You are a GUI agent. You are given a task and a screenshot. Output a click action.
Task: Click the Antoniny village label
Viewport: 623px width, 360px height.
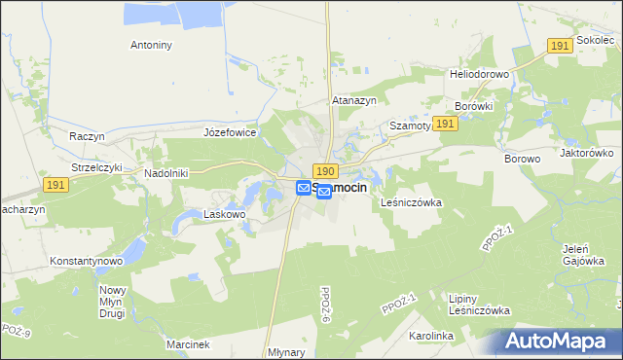tap(151, 45)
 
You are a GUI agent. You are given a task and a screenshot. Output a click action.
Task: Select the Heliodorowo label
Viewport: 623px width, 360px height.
tap(473, 74)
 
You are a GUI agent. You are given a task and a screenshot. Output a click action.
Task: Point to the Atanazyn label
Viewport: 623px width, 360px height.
tap(353, 99)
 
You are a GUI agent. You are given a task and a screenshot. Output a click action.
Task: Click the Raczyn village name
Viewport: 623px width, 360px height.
tap(87, 136)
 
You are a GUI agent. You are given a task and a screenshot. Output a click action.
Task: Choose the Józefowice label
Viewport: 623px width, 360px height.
tap(230, 131)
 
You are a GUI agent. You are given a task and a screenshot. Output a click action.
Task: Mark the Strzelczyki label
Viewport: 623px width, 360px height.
tap(97, 166)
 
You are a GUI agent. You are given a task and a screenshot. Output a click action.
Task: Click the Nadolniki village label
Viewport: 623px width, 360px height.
tap(165, 172)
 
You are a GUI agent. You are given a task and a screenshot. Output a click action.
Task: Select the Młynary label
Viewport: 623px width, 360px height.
tap(286, 353)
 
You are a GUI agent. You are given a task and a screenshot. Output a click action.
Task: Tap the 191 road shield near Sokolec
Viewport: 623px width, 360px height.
tap(559, 46)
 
